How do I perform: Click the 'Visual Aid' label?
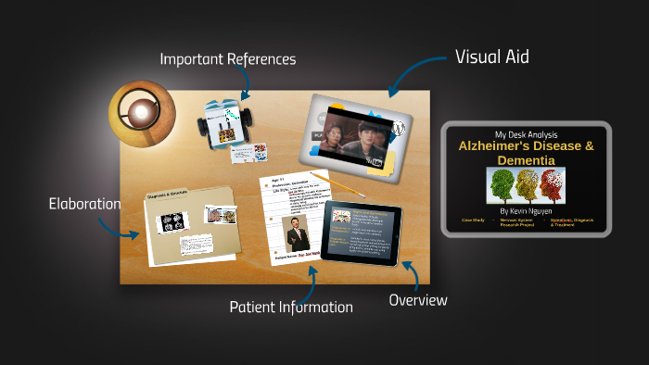tap(491, 57)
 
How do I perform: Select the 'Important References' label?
tap(227, 59)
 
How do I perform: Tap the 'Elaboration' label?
tap(84, 204)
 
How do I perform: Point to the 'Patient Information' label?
tap(290, 307)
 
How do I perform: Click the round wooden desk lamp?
tap(142, 113)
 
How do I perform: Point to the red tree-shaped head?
tap(551, 185)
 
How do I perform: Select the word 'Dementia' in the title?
tap(526, 160)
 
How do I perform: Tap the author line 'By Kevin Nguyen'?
tap(526, 210)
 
